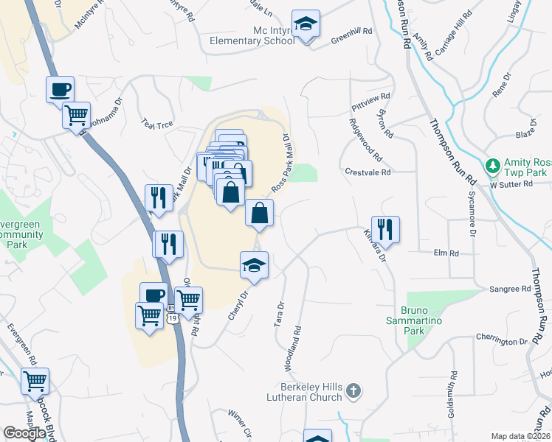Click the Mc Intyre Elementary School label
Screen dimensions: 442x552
[252, 36]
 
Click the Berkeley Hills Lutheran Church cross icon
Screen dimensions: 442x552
[353, 390]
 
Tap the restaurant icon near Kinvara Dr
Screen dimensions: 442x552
[385, 229]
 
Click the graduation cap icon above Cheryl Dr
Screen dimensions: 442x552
[254, 265]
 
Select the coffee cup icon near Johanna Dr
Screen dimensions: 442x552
[61, 90]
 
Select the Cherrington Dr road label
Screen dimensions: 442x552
[502, 342]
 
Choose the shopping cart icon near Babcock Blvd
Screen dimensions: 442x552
[35, 381]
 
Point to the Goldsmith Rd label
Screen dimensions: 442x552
[451, 396]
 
